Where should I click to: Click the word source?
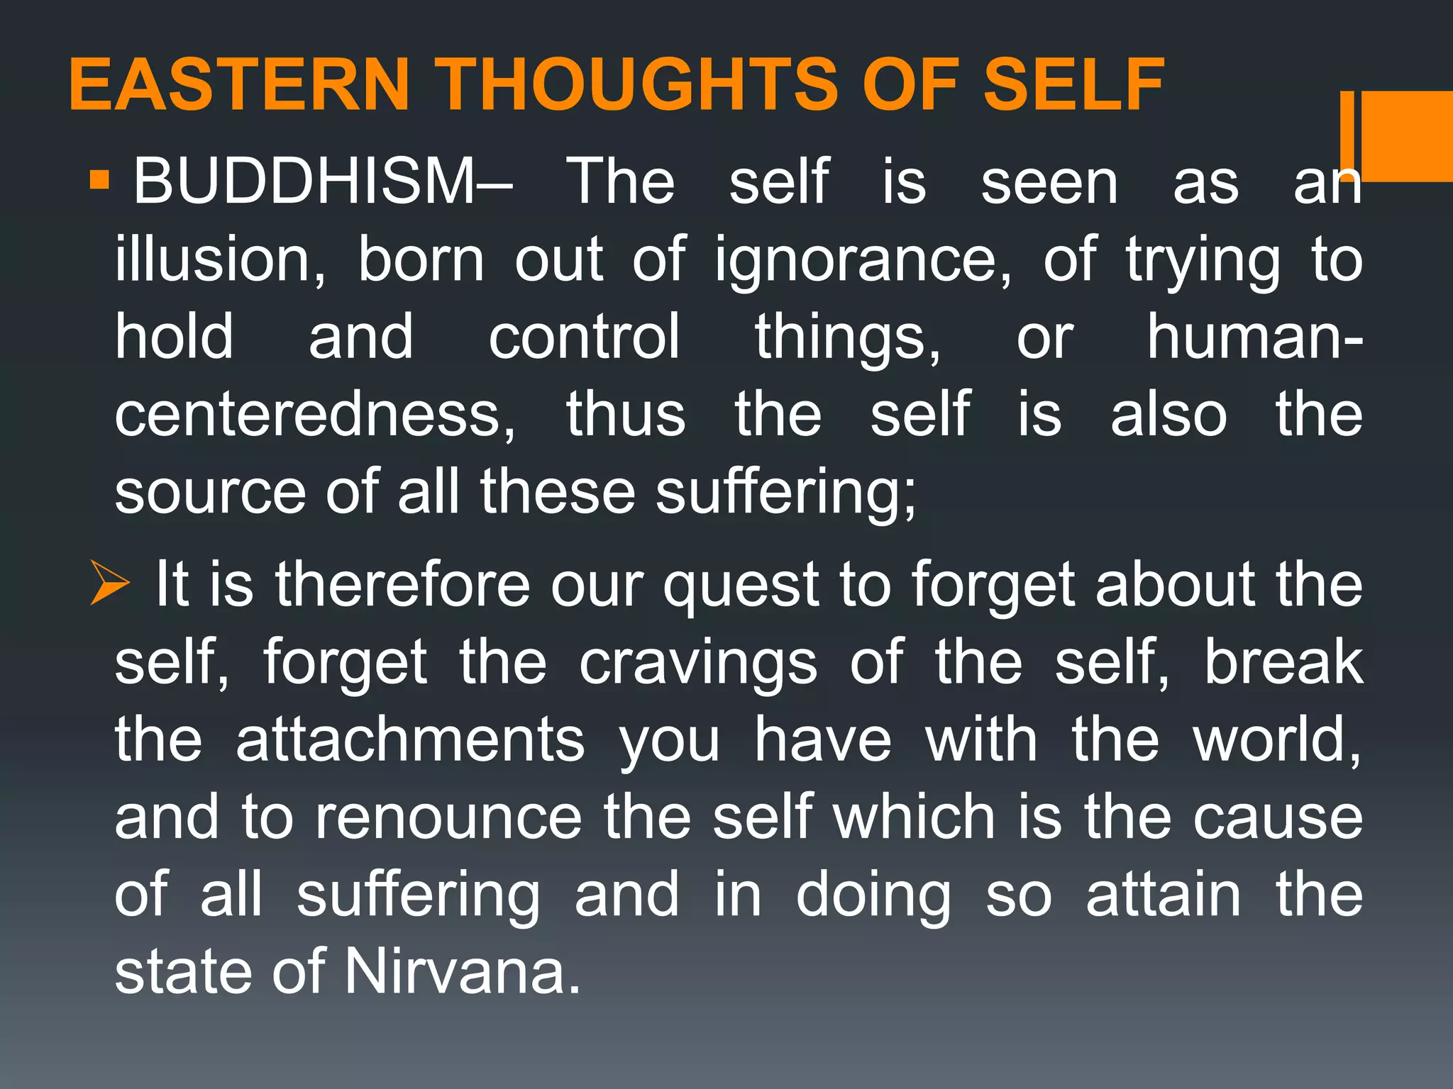click(x=211, y=493)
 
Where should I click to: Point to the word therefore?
click(x=402, y=585)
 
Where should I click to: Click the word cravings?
click(x=698, y=664)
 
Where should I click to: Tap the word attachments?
click(x=410, y=740)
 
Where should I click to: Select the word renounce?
click(x=448, y=817)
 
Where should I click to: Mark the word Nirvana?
click(x=463, y=972)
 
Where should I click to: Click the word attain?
click(x=1164, y=895)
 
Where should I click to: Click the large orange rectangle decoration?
click(x=1407, y=136)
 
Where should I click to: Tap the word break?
click(x=1283, y=663)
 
